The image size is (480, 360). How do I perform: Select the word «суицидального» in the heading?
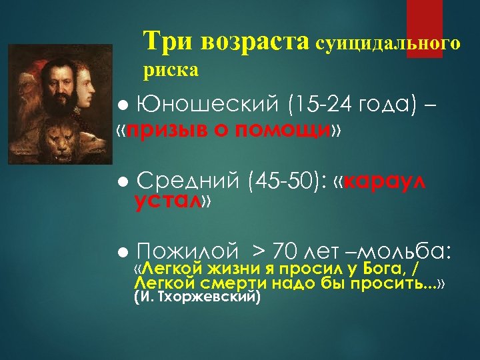(x=387, y=44)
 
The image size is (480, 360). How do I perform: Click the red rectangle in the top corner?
(x=425, y=29)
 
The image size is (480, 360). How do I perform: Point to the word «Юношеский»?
(x=203, y=103)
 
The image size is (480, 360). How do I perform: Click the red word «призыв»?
(x=157, y=129)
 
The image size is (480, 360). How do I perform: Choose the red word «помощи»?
(x=299, y=129)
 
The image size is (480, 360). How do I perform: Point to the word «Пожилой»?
(x=187, y=251)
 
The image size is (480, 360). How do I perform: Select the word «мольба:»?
(x=408, y=251)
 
